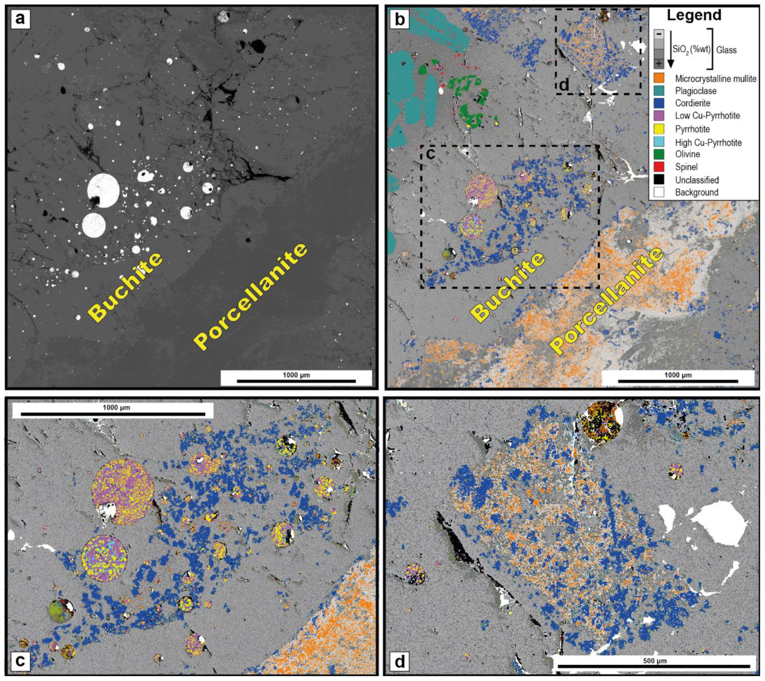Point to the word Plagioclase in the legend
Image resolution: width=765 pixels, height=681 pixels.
coord(696,91)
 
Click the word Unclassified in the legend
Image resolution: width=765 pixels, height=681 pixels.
coord(697,180)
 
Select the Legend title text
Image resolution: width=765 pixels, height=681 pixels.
coord(694,15)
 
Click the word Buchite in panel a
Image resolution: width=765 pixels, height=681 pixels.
coord(125,286)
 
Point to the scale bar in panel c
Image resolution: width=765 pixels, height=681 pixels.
coord(113,414)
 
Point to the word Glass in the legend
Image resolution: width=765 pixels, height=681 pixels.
coord(726,50)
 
